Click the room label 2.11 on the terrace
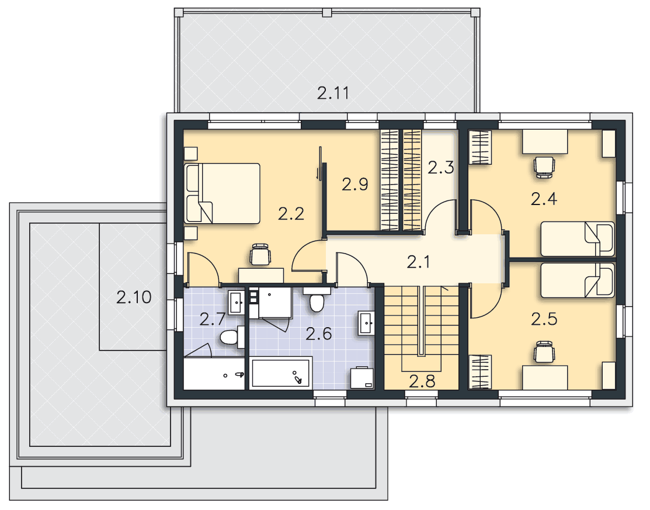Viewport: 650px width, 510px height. tap(333, 93)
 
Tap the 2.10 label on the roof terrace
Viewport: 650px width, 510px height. tap(134, 297)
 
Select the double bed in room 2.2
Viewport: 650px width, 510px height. tap(222, 193)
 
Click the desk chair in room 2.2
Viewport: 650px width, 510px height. tap(260, 254)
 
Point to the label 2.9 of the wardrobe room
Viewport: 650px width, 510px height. tap(355, 184)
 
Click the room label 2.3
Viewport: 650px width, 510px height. tap(441, 168)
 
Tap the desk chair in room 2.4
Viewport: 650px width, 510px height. tap(544, 167)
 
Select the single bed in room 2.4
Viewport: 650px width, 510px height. tap(578, 239)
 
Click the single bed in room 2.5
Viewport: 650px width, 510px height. tap(578, 280)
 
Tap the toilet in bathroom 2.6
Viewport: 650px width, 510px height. tap(317, 300)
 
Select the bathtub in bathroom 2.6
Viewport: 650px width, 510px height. tap(280, 373)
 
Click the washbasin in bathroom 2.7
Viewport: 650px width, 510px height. tap(237, 302)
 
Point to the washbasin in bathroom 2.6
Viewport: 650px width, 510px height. tap(366, 322)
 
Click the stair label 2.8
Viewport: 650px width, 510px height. tap(422, 381)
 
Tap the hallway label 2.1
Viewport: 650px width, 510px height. tap(418, 262)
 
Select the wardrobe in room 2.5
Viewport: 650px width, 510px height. tap(480, 372)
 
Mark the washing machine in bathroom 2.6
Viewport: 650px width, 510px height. tap(362, 378)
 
